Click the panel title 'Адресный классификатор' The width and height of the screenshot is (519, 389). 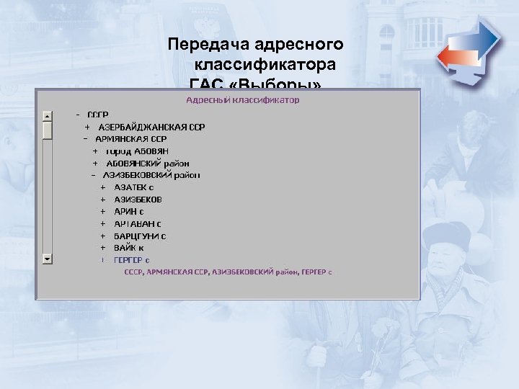(x=243, y=100)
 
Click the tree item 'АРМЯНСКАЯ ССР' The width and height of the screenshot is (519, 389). (x=130, y=138)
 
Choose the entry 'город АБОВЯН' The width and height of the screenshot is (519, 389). (x=137, y=151)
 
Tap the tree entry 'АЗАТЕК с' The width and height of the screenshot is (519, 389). (x=133, y=187)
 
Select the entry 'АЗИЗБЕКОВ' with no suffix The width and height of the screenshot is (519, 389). (x=138, y=199)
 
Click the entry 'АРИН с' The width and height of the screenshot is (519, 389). (x=129, y=211)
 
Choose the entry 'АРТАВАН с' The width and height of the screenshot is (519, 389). (x=138, y=223)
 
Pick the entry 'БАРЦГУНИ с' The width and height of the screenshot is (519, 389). (x=140, y=236)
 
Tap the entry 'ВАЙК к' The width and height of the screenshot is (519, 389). (x=128, y=247)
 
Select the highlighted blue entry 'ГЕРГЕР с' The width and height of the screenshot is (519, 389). (x=132, y=259)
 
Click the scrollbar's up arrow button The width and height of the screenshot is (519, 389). (x=47, y=115)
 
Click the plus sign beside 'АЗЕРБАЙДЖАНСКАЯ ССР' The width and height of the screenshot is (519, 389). (x=87, y=127)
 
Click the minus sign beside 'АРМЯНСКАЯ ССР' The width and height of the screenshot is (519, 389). (x=85, y=138)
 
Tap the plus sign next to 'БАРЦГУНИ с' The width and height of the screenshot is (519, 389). (x=103, y=236)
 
